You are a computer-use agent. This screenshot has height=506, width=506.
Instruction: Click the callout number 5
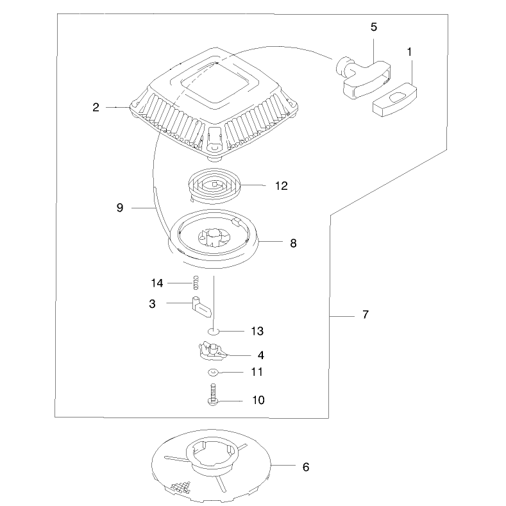(x=374, y=27)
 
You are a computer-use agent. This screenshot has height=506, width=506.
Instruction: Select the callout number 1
(x=410, y=52)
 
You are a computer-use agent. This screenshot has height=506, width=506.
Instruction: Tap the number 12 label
(x=281, y=186)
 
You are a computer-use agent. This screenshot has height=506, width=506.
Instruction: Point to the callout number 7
(x=366, y=314)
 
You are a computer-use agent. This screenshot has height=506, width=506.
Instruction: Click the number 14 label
(x=157, y=283)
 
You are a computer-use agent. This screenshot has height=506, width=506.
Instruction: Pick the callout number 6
(x=306, y=467)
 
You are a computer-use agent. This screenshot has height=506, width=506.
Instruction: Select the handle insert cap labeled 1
(x=394, y=99)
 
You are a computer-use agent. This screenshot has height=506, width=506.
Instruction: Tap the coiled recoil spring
(x=214, y=186)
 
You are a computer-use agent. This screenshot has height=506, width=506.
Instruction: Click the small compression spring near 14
(x=196, y=283)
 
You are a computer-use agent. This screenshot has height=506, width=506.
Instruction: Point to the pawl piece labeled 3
(x=201, y=307)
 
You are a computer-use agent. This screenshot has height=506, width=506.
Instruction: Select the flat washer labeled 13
(x=213, y=331)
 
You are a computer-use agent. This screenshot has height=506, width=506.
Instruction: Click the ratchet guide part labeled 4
(x=212, y=351)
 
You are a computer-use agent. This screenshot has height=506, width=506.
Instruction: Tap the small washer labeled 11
(x=212, y=373)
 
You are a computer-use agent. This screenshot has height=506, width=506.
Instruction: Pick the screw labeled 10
(x=213, y=394)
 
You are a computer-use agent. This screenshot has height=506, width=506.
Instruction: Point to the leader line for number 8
(x=270, y=241)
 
